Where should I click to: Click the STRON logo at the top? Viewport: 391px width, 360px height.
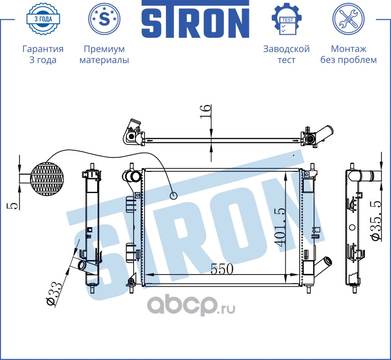coord(195,19)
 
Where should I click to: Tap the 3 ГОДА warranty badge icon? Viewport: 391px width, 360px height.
coord(43,19)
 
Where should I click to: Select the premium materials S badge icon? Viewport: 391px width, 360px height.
coord(104,19)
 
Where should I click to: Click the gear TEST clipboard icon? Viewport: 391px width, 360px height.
coord(286,19)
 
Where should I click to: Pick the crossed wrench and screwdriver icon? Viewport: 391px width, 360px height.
coord(348,19)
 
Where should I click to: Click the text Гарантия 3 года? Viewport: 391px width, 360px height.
coord(43,54)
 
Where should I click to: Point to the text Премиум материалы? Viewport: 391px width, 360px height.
coord(104,54)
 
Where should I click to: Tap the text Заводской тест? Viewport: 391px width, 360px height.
coord(286,54)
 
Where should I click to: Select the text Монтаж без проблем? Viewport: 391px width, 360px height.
coord(348,54)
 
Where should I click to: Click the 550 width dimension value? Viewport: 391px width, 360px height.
coord(222,269)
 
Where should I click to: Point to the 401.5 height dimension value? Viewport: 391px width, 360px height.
coord(280,227)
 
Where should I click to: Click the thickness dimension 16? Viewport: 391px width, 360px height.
coord(205,111)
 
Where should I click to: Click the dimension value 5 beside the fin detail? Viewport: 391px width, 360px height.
coord(13,205)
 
